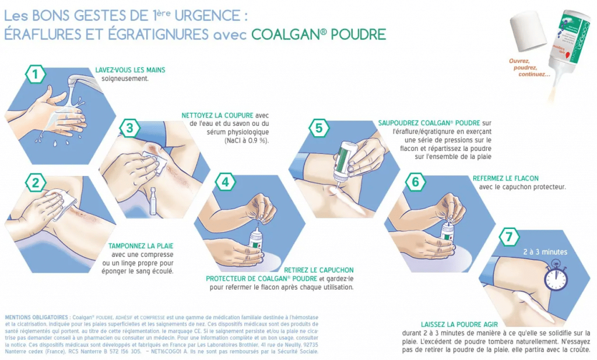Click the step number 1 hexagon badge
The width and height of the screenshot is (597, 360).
36,74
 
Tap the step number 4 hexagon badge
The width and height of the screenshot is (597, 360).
225,182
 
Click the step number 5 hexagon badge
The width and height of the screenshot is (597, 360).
318,128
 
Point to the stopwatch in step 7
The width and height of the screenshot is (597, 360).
555,277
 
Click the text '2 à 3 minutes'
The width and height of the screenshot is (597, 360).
545,252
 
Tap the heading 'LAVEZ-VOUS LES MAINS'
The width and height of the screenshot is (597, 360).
130,70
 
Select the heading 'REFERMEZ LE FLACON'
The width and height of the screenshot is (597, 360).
505,178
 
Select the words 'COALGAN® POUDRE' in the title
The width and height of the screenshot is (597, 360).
318,34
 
